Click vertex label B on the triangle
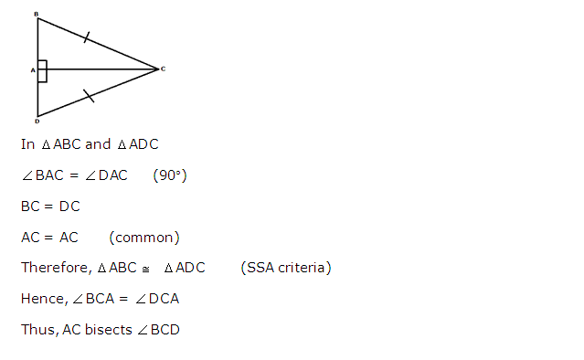click(36, 15)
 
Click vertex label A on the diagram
click(32, 69)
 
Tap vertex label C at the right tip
click(163, 69)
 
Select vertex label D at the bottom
click(37, 121)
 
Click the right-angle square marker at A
click(42, 70)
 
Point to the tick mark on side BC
click(87, 37)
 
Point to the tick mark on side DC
click(87, 95)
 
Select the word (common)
click(144, 238)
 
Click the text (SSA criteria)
click(286, 269)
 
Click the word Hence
click(42, 300)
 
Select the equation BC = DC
click(50, 206)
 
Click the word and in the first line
click(98, 144)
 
